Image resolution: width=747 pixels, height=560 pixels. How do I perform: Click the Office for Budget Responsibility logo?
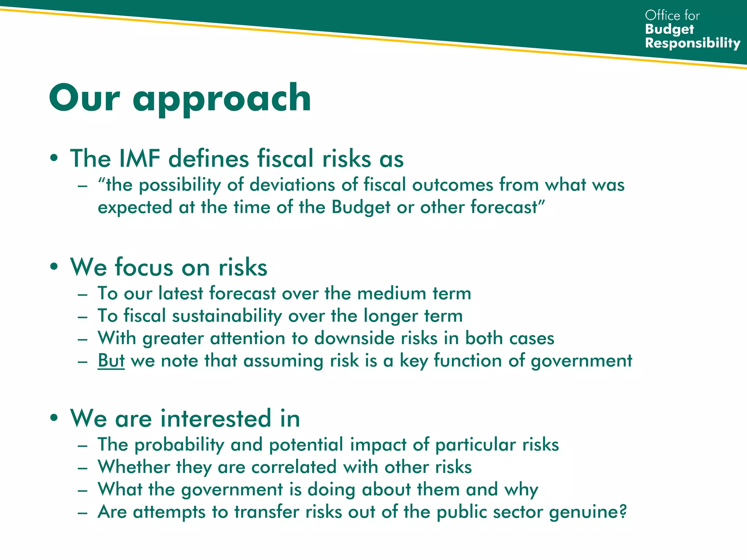(x=692, y=29)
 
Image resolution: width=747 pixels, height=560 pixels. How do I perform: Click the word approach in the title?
(x=221, y=98)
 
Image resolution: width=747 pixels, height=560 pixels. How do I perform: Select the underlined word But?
(x=111, y=361)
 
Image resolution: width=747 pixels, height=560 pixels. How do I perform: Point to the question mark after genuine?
(x=623, y=511)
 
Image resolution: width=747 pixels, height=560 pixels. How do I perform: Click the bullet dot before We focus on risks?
(x=54, y=267)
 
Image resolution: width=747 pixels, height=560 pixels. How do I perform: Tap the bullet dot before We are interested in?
(x=54, y=418)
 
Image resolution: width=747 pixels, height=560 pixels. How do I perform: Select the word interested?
(x=215, y=418)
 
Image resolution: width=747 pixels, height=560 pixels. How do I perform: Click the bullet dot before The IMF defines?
(x=54, y=159)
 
